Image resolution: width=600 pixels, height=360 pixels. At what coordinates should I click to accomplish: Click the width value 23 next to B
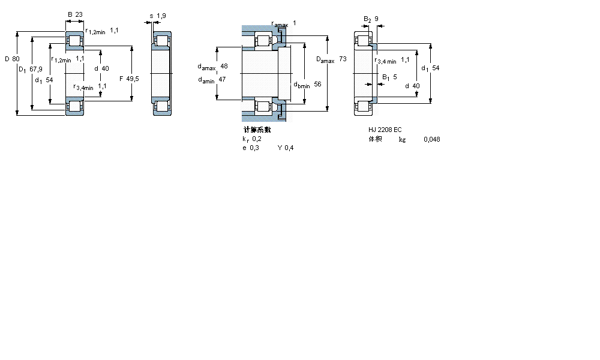coord(79,14)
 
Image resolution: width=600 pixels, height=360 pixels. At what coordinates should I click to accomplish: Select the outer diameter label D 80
coord(11,59)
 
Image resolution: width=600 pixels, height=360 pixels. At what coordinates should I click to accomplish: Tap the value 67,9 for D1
coord(36,70)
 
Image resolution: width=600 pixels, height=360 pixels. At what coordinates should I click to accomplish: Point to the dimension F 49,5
coord(129,79)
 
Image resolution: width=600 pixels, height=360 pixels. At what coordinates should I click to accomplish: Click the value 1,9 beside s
coord(161,16)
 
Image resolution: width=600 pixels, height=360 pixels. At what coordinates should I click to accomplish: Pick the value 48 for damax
coord(224,66)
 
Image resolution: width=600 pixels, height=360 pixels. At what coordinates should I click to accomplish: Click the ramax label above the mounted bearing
coord(280,24)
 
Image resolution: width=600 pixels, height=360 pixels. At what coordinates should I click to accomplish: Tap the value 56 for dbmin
coord(317,85)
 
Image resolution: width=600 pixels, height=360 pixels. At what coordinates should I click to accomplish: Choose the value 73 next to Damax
coord(343,59)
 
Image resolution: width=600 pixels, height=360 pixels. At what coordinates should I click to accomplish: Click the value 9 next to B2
coord(376,19)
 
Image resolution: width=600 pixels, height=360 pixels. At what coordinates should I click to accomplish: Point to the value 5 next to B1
coord(395,77)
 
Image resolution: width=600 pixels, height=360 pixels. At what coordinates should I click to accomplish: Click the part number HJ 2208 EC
coord(385,130)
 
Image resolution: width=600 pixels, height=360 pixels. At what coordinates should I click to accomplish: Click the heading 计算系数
coord(257,130)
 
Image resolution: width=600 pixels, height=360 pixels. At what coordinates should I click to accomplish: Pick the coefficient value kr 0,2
coord(252,139)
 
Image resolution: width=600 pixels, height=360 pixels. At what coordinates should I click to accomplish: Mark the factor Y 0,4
coord(286,148)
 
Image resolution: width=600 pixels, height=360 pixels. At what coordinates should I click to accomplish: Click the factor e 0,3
coord(251,148)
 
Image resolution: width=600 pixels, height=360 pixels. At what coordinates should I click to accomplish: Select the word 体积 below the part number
coord(376,139)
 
